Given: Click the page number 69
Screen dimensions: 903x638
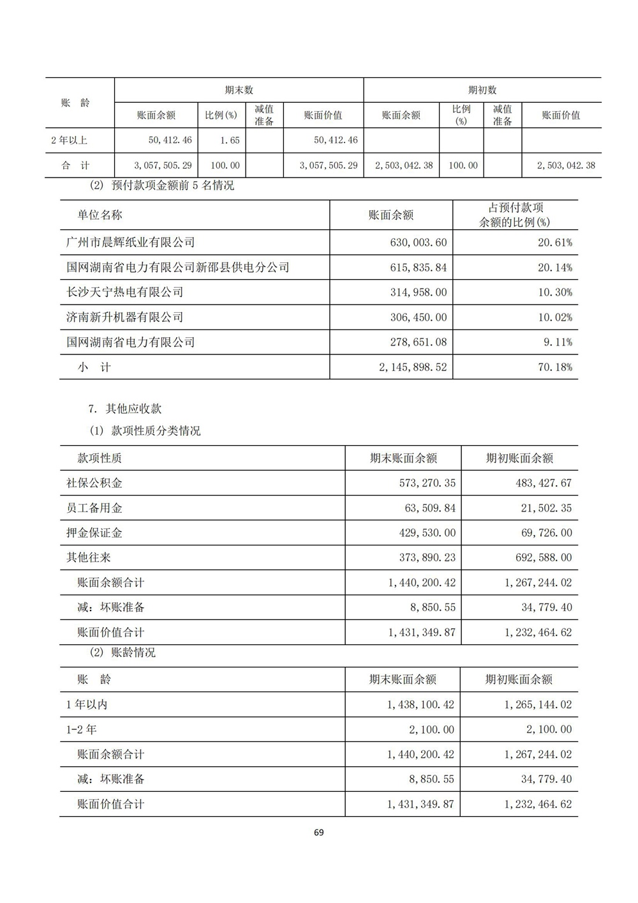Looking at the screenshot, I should [x=319, y=832].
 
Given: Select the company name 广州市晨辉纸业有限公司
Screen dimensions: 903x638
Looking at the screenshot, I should [x=130, y=243].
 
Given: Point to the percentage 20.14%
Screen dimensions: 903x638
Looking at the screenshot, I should [x=554, y=268].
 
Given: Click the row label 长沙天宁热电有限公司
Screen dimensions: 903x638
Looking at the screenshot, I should [x=124, y=292].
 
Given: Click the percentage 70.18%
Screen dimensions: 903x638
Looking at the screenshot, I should [x=554, y=367].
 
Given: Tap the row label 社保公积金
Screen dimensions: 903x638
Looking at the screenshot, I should [x=94, y=483].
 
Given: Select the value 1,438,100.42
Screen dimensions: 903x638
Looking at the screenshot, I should [x=420, y=705].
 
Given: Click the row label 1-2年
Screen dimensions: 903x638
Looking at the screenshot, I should [x=82, y=729].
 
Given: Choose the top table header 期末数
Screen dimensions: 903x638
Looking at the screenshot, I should [x=239, y=90].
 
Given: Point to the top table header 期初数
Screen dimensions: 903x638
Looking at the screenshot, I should [x=482, y=90].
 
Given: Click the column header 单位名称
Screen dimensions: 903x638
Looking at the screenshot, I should [x=100, y=215].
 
